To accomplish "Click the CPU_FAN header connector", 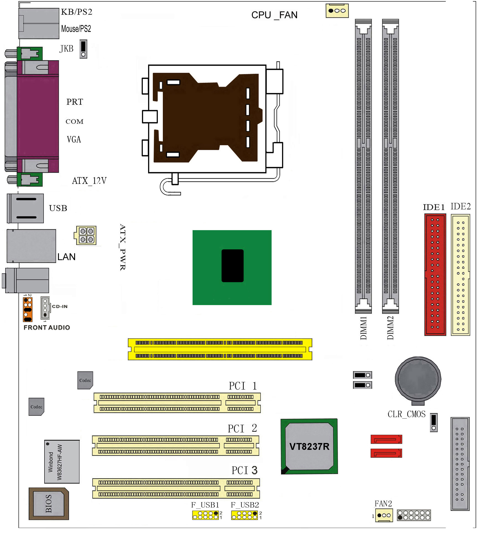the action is tap(337, 11).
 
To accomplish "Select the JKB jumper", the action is tap(83, 49).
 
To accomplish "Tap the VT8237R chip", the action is tap(309, 446).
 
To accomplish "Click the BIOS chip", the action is tap(49, 504).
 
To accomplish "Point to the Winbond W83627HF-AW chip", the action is tap(62, 462).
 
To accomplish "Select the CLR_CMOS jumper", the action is tap(434, 423).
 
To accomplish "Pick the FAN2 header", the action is tap(384, 515).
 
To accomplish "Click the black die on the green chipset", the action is tap(232, 266).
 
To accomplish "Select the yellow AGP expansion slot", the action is tap(220, 349).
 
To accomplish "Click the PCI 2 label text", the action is tap(242, 429).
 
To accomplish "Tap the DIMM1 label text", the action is tap(363, 328).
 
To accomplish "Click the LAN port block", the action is tap(31, 246).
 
